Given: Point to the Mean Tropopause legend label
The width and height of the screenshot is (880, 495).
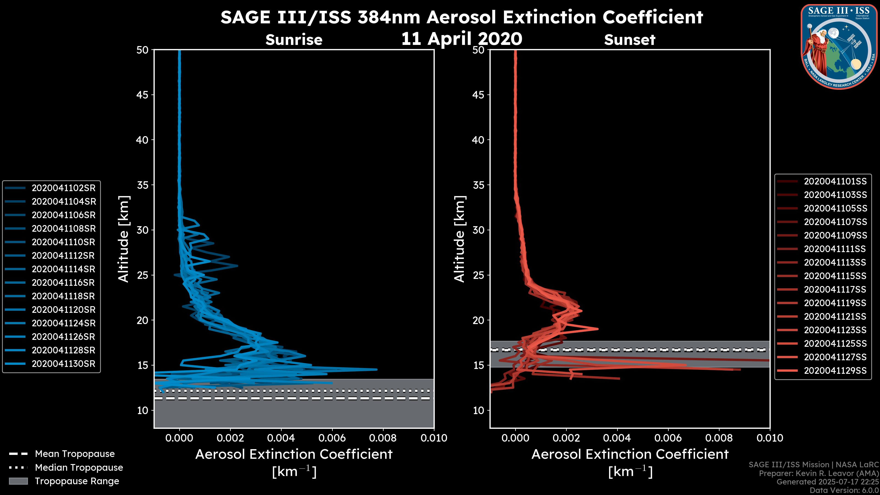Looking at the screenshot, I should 75,454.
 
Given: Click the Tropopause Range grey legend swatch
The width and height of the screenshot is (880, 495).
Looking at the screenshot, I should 18,481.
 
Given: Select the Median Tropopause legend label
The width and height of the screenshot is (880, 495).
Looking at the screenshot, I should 79,468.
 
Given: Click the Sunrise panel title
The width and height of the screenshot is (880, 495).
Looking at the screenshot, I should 294,40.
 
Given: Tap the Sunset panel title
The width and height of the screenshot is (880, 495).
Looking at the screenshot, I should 630,40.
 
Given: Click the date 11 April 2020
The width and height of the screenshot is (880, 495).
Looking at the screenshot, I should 462,38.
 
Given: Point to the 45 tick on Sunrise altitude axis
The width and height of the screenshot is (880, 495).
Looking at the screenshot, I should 143,95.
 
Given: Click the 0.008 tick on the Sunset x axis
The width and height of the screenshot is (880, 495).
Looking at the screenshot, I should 719,438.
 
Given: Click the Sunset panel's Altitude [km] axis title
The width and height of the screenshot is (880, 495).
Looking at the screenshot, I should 459,239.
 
